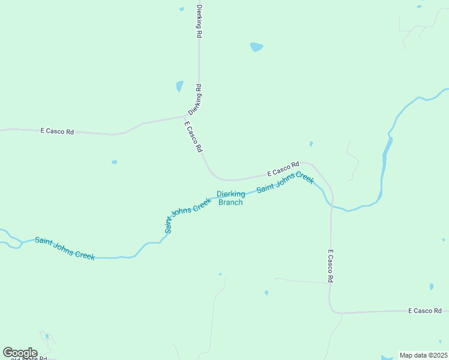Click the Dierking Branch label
pyautogui.click(x=231, y=198)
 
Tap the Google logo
pyautogui.click(x=20, y=353)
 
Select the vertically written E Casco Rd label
pyautogui.click(x=330, y=266)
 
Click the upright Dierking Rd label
pyautogui.click(x=199, y=22)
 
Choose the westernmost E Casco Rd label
pyautogui.click(x=57, y=131)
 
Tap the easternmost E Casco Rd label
pyautogui.click(x=424, y=311)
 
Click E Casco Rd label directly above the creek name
pyautogui.click(x=283, y=169)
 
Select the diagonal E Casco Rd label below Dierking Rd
pyautogui.click(x=194, y=137)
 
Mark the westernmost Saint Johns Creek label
pyautogui.click(x=65, y=248)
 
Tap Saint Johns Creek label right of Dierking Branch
pyautogui.click(x=285, y=183)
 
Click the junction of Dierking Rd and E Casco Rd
pyautogui.click(x=186, y=116)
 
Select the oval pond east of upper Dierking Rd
pyautogui.click(x=256, y=47)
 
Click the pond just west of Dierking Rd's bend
pyautogui.click(x=179, y=86)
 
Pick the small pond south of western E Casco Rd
pyautogui.click(x=114, y=162)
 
